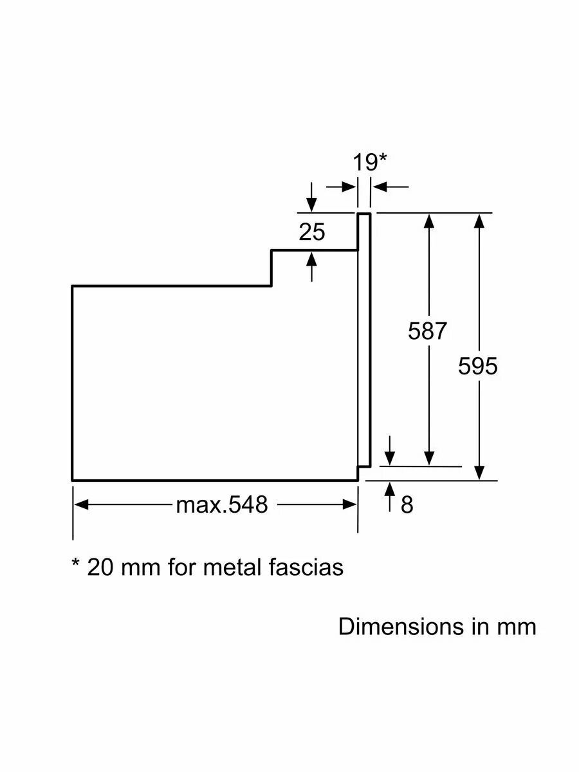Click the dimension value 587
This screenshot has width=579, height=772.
427,331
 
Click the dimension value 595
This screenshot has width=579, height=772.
478,366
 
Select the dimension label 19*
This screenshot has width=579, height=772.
369,162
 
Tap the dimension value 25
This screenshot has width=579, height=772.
312,232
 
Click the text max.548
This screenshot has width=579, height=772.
222,505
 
